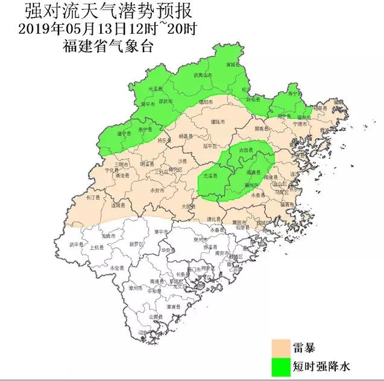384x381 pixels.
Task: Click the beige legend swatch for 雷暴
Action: click(x=281, y=347)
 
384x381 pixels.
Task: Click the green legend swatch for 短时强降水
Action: click(x=281, y=365)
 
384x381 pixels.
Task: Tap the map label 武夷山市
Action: click(x=203, y=76)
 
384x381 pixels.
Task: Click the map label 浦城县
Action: click(x=232, y=64)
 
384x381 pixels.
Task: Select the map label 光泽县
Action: click(x=147, y=88)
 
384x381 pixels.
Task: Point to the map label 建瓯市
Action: click(x=218, y=122)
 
